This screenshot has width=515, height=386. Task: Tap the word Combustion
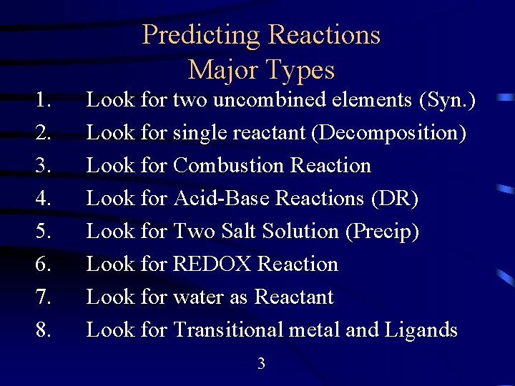(x=229, y=165)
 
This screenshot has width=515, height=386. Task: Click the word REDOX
(x=212, y=264)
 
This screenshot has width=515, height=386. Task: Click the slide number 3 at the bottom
(x=261, y=364)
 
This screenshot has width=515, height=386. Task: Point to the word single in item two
(x=202, y=133)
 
